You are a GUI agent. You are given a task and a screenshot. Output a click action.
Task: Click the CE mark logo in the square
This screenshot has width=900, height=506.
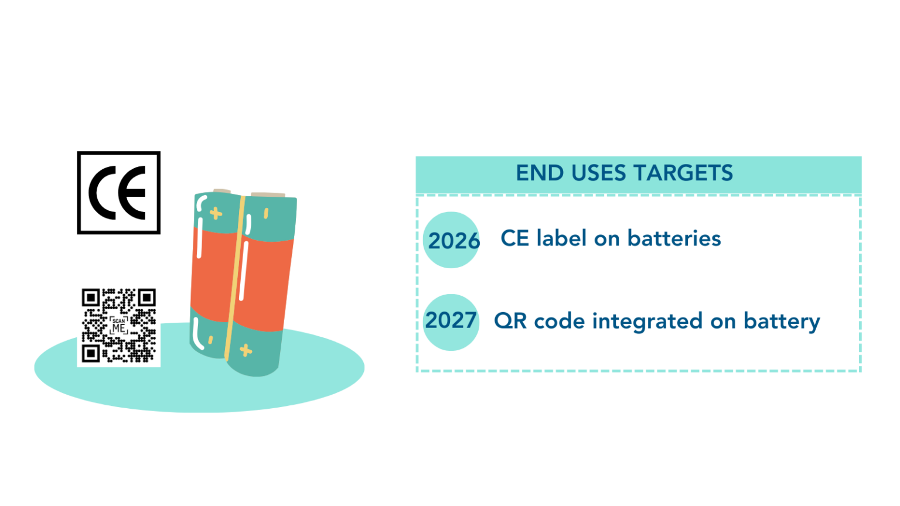tap(118, 193)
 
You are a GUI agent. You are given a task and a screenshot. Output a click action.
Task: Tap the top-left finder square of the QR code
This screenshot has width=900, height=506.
tap(90, 298)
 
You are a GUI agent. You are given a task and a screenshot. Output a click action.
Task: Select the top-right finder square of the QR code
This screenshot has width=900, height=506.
tap(146, 298)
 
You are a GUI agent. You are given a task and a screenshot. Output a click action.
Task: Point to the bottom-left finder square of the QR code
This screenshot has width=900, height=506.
tap(90, 353)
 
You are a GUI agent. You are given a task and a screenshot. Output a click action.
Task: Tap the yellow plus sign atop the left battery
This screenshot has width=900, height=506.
tap(216, 213)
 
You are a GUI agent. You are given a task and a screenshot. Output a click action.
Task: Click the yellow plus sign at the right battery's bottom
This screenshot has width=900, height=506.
tap(246, 350)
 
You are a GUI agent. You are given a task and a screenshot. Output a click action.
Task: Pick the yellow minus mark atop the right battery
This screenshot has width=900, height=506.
tap(266, 213)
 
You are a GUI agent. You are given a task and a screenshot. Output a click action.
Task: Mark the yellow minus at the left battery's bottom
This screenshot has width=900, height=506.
tap(210, 340)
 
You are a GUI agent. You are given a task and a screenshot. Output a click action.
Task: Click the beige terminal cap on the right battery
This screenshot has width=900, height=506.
tap(268, 194)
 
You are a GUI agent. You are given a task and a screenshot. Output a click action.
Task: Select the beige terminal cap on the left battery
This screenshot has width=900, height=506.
tap(222, 191)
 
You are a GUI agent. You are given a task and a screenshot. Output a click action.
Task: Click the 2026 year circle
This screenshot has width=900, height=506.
tap(452, 240)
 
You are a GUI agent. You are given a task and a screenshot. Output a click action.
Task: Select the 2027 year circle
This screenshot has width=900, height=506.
tap(451, 322)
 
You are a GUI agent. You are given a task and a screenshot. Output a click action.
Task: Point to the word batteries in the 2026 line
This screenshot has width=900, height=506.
tap(674, 238)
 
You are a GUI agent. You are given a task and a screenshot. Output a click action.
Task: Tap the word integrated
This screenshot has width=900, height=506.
tap(647, 322)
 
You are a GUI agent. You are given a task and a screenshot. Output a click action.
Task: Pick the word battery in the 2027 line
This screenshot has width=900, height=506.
tap(782, 322)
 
